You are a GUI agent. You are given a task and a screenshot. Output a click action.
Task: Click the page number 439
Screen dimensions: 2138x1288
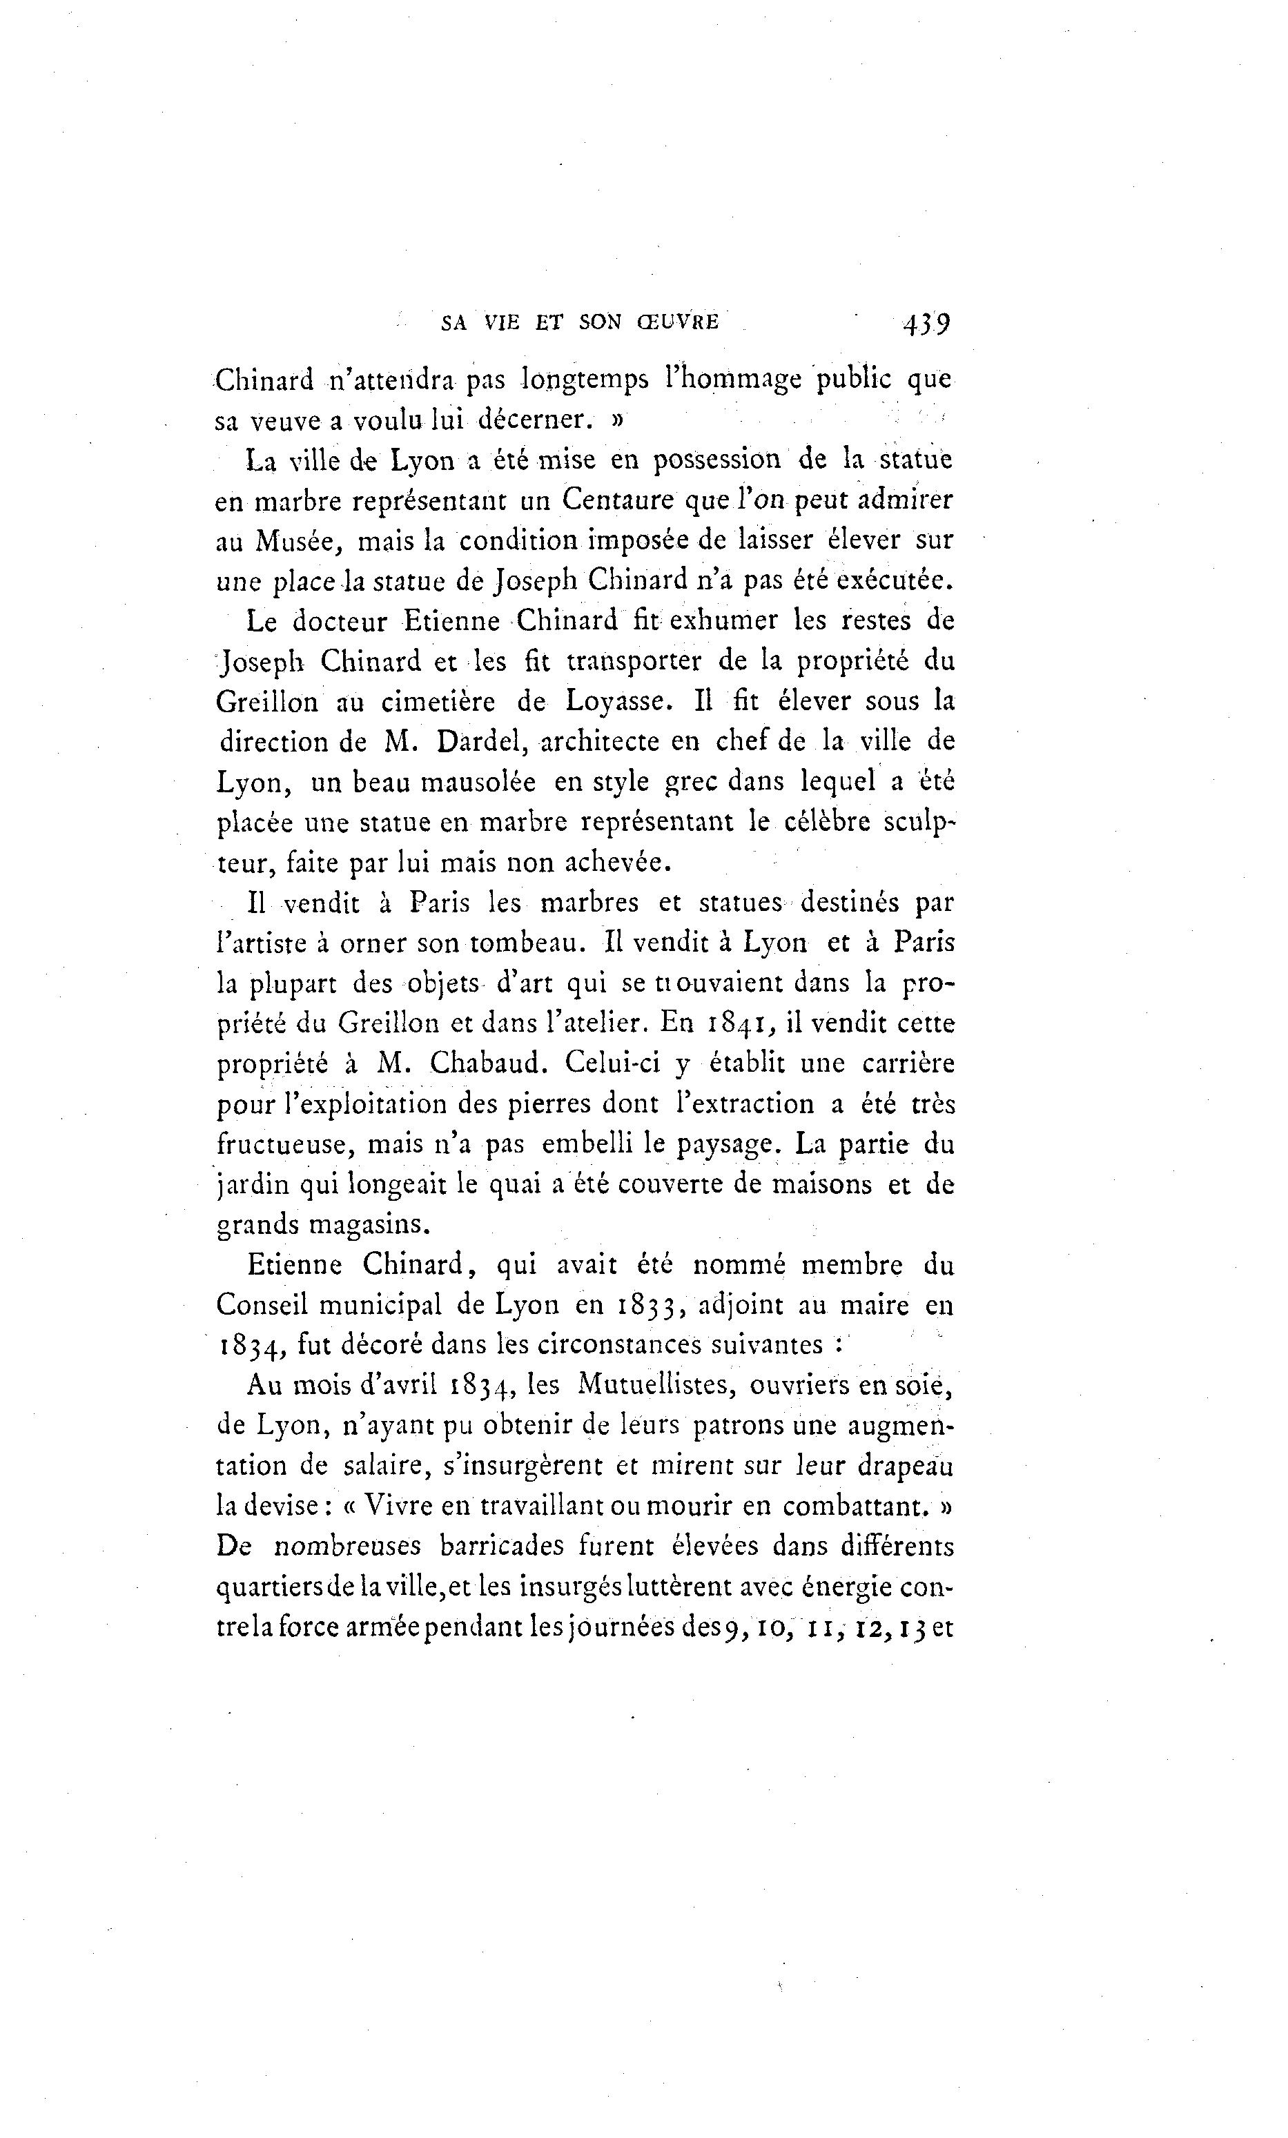(926, 324)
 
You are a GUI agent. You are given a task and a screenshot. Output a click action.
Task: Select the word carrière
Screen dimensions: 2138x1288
(908, 1063)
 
